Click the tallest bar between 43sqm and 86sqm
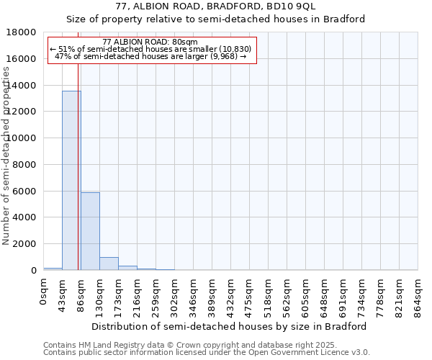coord(71,180)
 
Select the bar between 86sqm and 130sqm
coord(90,231)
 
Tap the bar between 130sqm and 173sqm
coord(109,264)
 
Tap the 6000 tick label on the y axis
coord(24,192)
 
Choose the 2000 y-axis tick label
coord(24,244)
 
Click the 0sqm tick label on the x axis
coord(44,292)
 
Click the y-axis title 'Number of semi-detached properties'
coord(7,171)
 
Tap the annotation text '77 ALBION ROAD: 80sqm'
coord(155,42)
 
